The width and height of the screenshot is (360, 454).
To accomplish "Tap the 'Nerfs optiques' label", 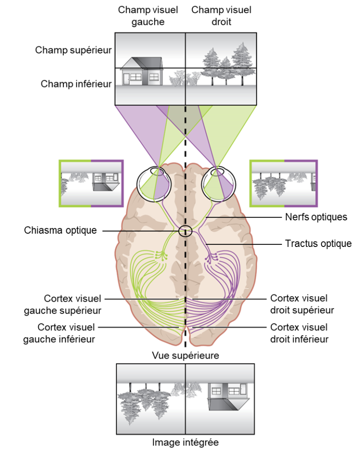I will click(315, 217).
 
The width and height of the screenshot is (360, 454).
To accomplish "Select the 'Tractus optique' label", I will click(318, 243).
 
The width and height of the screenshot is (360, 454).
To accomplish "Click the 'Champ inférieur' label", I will click(76, 83).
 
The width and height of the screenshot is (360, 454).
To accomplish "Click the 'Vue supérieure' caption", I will click(185, 355).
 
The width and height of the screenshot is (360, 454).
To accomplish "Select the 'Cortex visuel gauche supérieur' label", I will click(73, 304).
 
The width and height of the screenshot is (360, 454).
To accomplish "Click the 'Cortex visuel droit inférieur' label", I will click(299, 333).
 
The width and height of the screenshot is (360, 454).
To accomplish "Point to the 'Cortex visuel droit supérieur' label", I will click(302, 304).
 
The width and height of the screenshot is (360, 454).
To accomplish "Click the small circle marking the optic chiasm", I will click(186, 231).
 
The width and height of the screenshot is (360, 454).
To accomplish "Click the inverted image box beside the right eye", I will click(284, 183).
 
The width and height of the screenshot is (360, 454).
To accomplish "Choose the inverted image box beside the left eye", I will click(91, 183).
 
